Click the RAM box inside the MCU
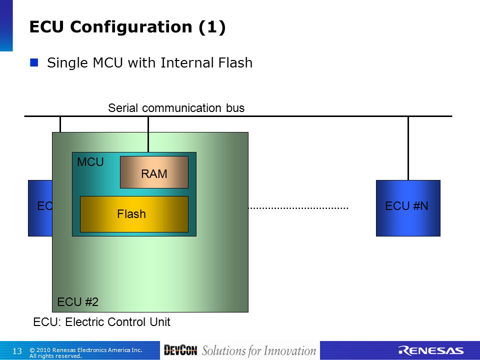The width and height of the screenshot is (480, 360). pos(154,172)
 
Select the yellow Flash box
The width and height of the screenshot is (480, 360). pos(134,214)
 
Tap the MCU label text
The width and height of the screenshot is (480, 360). pos(90,162)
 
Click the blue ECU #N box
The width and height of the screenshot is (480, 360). pos(408,208)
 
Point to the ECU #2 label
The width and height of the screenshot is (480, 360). pos(78,302)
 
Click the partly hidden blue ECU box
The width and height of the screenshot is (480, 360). pos(40,208)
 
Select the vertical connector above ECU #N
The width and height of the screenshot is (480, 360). pos(408,148)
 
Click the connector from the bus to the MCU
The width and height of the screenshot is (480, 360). pos(148,134)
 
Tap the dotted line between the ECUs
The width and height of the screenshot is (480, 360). pos(298,208)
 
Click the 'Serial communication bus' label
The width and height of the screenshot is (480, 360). pos(176,108)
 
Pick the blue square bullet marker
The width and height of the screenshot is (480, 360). pos(34,63)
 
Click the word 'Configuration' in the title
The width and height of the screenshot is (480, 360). pos(131,27)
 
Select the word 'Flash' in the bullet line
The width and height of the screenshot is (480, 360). pos(235,63)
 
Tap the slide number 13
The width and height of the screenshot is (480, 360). pos(17,351)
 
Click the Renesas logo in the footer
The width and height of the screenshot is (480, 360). pos(431,351)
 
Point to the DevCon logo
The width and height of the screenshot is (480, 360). pos(180,350)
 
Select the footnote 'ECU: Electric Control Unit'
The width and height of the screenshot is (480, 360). pos(101,322)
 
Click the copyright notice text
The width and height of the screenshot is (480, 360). pos(85,352)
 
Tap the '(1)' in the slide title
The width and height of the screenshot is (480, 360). pos(212,27)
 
